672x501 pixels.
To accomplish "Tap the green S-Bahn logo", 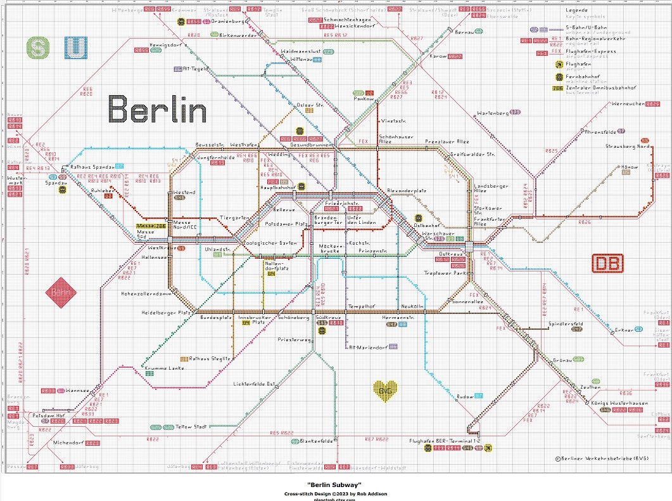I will coord(39,48).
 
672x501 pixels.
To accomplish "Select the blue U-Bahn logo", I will coord(76,48).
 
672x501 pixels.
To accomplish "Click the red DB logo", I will coord(607,263).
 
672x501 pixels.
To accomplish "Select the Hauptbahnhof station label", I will coord(278,188).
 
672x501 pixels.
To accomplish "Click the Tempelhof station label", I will coord(362,306).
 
